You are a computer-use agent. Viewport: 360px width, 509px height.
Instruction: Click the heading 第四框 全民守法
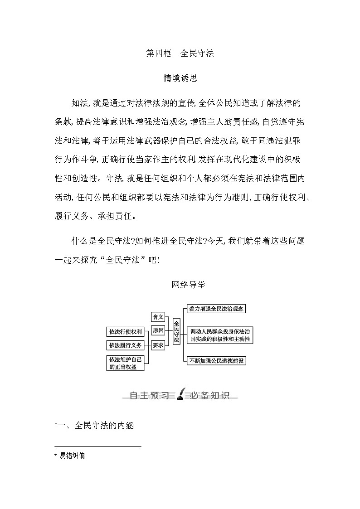pos(180,53)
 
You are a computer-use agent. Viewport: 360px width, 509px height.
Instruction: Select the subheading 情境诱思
pos(180,78)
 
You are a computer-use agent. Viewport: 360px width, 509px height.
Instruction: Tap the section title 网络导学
pos(189,285)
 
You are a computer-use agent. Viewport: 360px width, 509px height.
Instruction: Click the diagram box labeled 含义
pos(158,317)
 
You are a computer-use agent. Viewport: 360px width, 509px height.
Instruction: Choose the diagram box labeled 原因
pos(158,331)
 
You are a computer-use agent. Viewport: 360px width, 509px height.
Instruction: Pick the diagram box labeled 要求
pos(158,345)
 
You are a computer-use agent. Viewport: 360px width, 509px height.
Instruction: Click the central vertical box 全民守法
pos(176,331)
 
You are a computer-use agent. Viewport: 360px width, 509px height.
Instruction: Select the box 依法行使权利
pos(125,331)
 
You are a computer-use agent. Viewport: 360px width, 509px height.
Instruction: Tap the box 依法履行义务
pos(125,345)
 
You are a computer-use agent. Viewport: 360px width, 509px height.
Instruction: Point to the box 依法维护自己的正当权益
pos(125,363)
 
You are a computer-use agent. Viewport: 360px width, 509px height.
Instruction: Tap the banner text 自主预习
pos(149,396)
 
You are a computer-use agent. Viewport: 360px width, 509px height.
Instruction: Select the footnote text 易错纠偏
pos(72,456)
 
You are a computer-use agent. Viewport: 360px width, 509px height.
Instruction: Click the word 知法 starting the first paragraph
pos(79,103)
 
